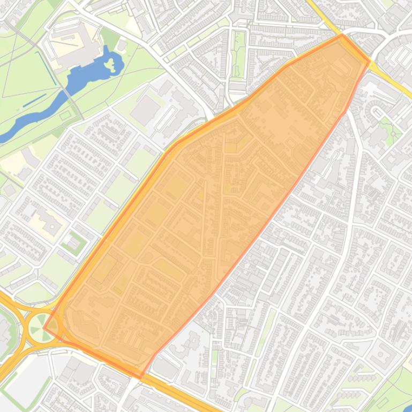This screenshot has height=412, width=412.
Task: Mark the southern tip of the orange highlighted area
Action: [140, 377]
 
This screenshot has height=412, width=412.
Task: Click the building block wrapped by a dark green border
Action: [73, 243]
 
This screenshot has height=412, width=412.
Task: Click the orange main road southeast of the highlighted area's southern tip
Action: [177, 391]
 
